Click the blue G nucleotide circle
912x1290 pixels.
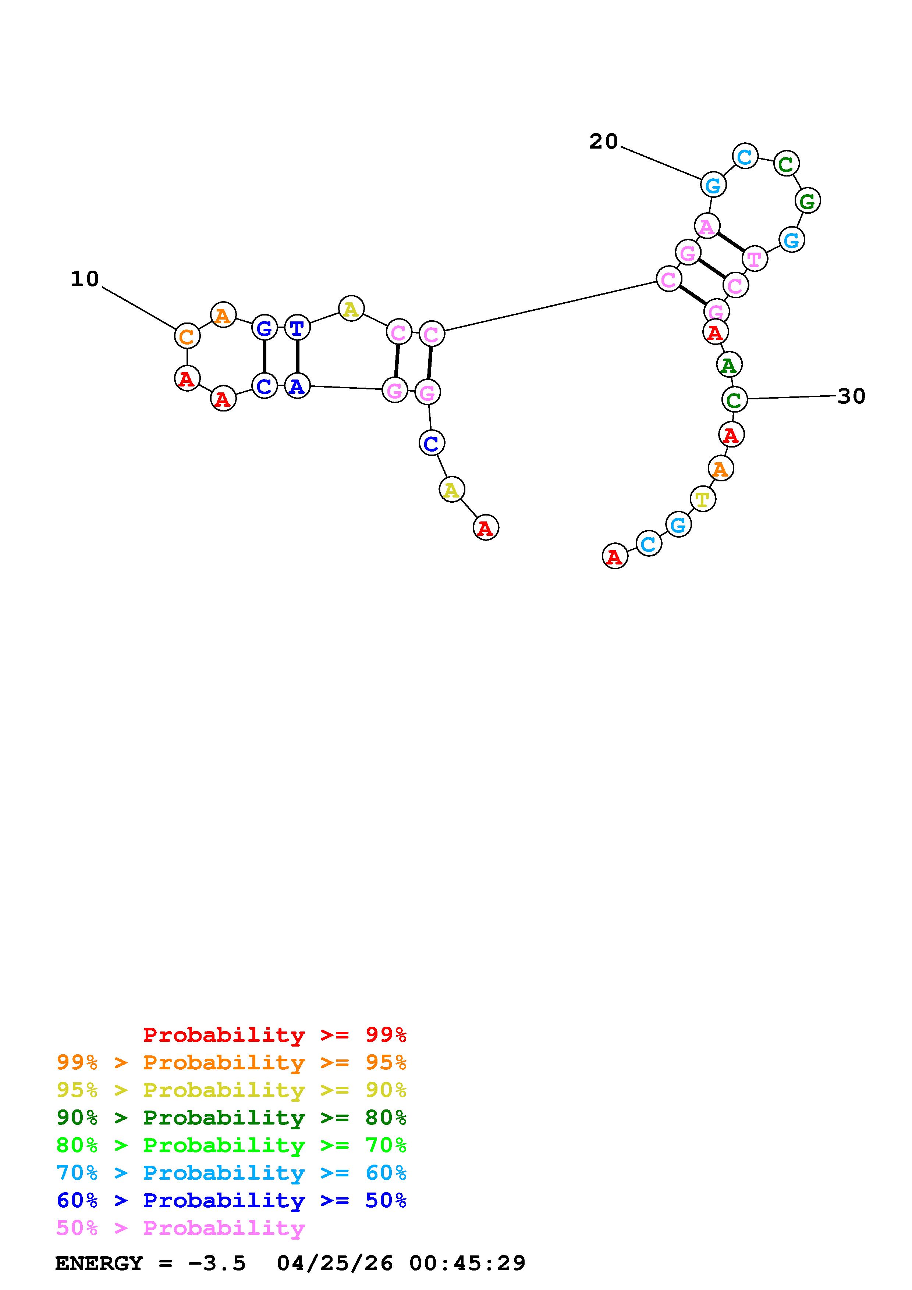pos(264,328)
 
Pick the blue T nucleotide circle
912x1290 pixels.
pos(297,328)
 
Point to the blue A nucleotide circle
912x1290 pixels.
pos(297,386)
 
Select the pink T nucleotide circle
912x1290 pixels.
pos(754,259)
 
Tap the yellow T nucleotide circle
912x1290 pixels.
pos(702,498)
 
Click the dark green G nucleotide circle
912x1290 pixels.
pos(808,200)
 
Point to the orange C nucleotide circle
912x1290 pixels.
pos(187,336)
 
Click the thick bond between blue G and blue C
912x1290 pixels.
pos(264,357)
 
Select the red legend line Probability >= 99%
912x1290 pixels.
pos(275,1034)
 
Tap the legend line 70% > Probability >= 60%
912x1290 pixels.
pos(231,1173)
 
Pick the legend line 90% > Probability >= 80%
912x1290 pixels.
pos(231,1118)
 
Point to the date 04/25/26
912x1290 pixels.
pos(335,1264)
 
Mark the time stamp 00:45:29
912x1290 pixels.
pos(468,1264)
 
